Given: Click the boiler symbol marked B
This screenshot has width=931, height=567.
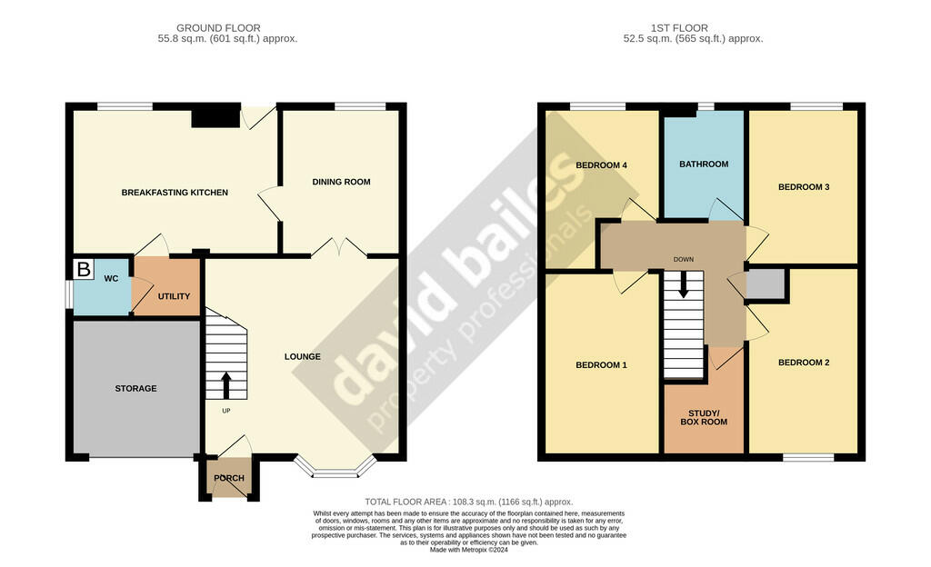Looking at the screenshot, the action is pos(84,269).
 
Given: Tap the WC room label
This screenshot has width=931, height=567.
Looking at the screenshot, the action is pos(111,278).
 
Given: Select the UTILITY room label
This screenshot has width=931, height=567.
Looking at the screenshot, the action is pos(174,296).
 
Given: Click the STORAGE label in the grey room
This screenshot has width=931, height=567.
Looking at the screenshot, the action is pos(136,389).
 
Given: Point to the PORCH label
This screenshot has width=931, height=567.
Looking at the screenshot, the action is pos(229,478).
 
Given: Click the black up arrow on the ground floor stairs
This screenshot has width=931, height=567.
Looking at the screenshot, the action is pos(226,385).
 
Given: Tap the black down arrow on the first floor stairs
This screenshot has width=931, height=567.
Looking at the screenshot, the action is pos(684,284).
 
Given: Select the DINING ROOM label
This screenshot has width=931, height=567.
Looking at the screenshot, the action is pos(342,182).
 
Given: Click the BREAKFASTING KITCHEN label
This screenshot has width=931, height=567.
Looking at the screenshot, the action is pos(175,192).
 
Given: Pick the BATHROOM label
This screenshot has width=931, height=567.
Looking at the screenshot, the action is pos(704,164).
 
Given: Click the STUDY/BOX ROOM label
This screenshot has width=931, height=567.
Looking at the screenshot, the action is pos(704,418).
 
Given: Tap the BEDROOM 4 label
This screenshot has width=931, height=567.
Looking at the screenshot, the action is pos(602,164).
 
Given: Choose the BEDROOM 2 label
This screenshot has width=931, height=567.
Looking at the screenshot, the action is pos(804,363).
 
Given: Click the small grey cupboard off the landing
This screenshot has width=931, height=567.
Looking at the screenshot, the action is pos(766,283).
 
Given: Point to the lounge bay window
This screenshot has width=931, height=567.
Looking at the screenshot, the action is pos(335,468).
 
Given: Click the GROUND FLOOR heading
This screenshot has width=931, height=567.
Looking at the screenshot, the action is pos(218,28).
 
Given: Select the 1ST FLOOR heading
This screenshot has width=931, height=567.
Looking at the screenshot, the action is pos(679,28).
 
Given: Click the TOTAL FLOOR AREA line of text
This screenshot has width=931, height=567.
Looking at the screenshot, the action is pos(469,502).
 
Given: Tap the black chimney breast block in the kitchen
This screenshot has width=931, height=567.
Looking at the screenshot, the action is pos(215,115).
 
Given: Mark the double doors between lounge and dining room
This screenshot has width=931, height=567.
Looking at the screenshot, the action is pos(340,248).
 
